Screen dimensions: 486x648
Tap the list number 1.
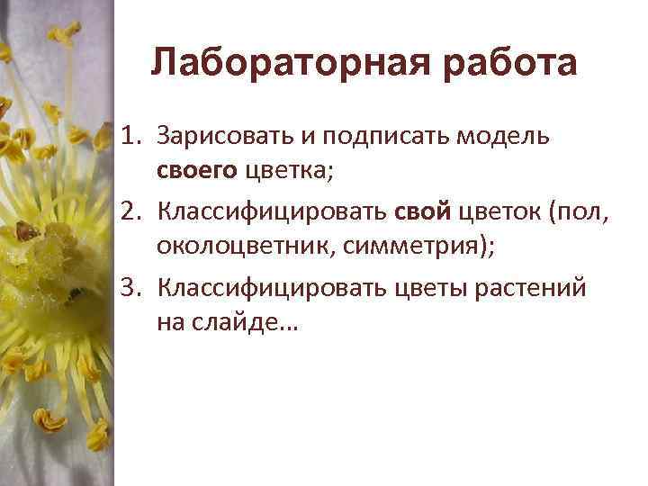click(x=130, y=136)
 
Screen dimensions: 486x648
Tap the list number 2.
click(x=130, y=211)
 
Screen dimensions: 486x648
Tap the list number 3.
click(x=130, y=288)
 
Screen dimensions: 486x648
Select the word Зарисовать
click(x=212, y=136)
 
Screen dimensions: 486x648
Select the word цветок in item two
click(x=499, y=211)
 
